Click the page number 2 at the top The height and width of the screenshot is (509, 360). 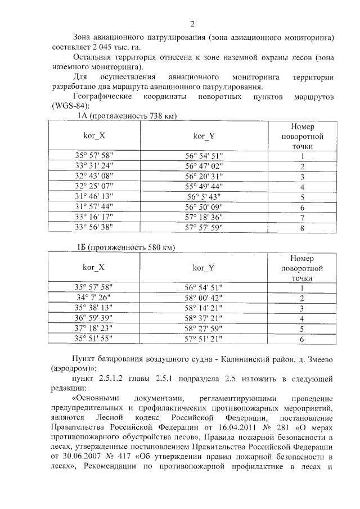192,24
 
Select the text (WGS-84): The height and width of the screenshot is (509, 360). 70,106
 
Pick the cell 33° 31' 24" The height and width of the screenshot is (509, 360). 94,166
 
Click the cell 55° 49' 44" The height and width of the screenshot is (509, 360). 204,187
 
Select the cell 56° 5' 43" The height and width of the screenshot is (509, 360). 204,197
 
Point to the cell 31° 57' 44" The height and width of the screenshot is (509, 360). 94,207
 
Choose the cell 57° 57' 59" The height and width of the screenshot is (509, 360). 204,228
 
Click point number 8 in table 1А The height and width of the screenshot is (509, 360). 303,228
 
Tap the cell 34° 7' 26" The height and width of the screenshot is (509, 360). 94,298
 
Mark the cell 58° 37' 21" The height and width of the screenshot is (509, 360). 204,318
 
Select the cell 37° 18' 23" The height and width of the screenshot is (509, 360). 94,328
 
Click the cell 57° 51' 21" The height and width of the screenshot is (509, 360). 204,339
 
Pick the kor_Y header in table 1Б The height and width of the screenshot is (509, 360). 204,268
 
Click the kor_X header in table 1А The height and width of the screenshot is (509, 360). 94,136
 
